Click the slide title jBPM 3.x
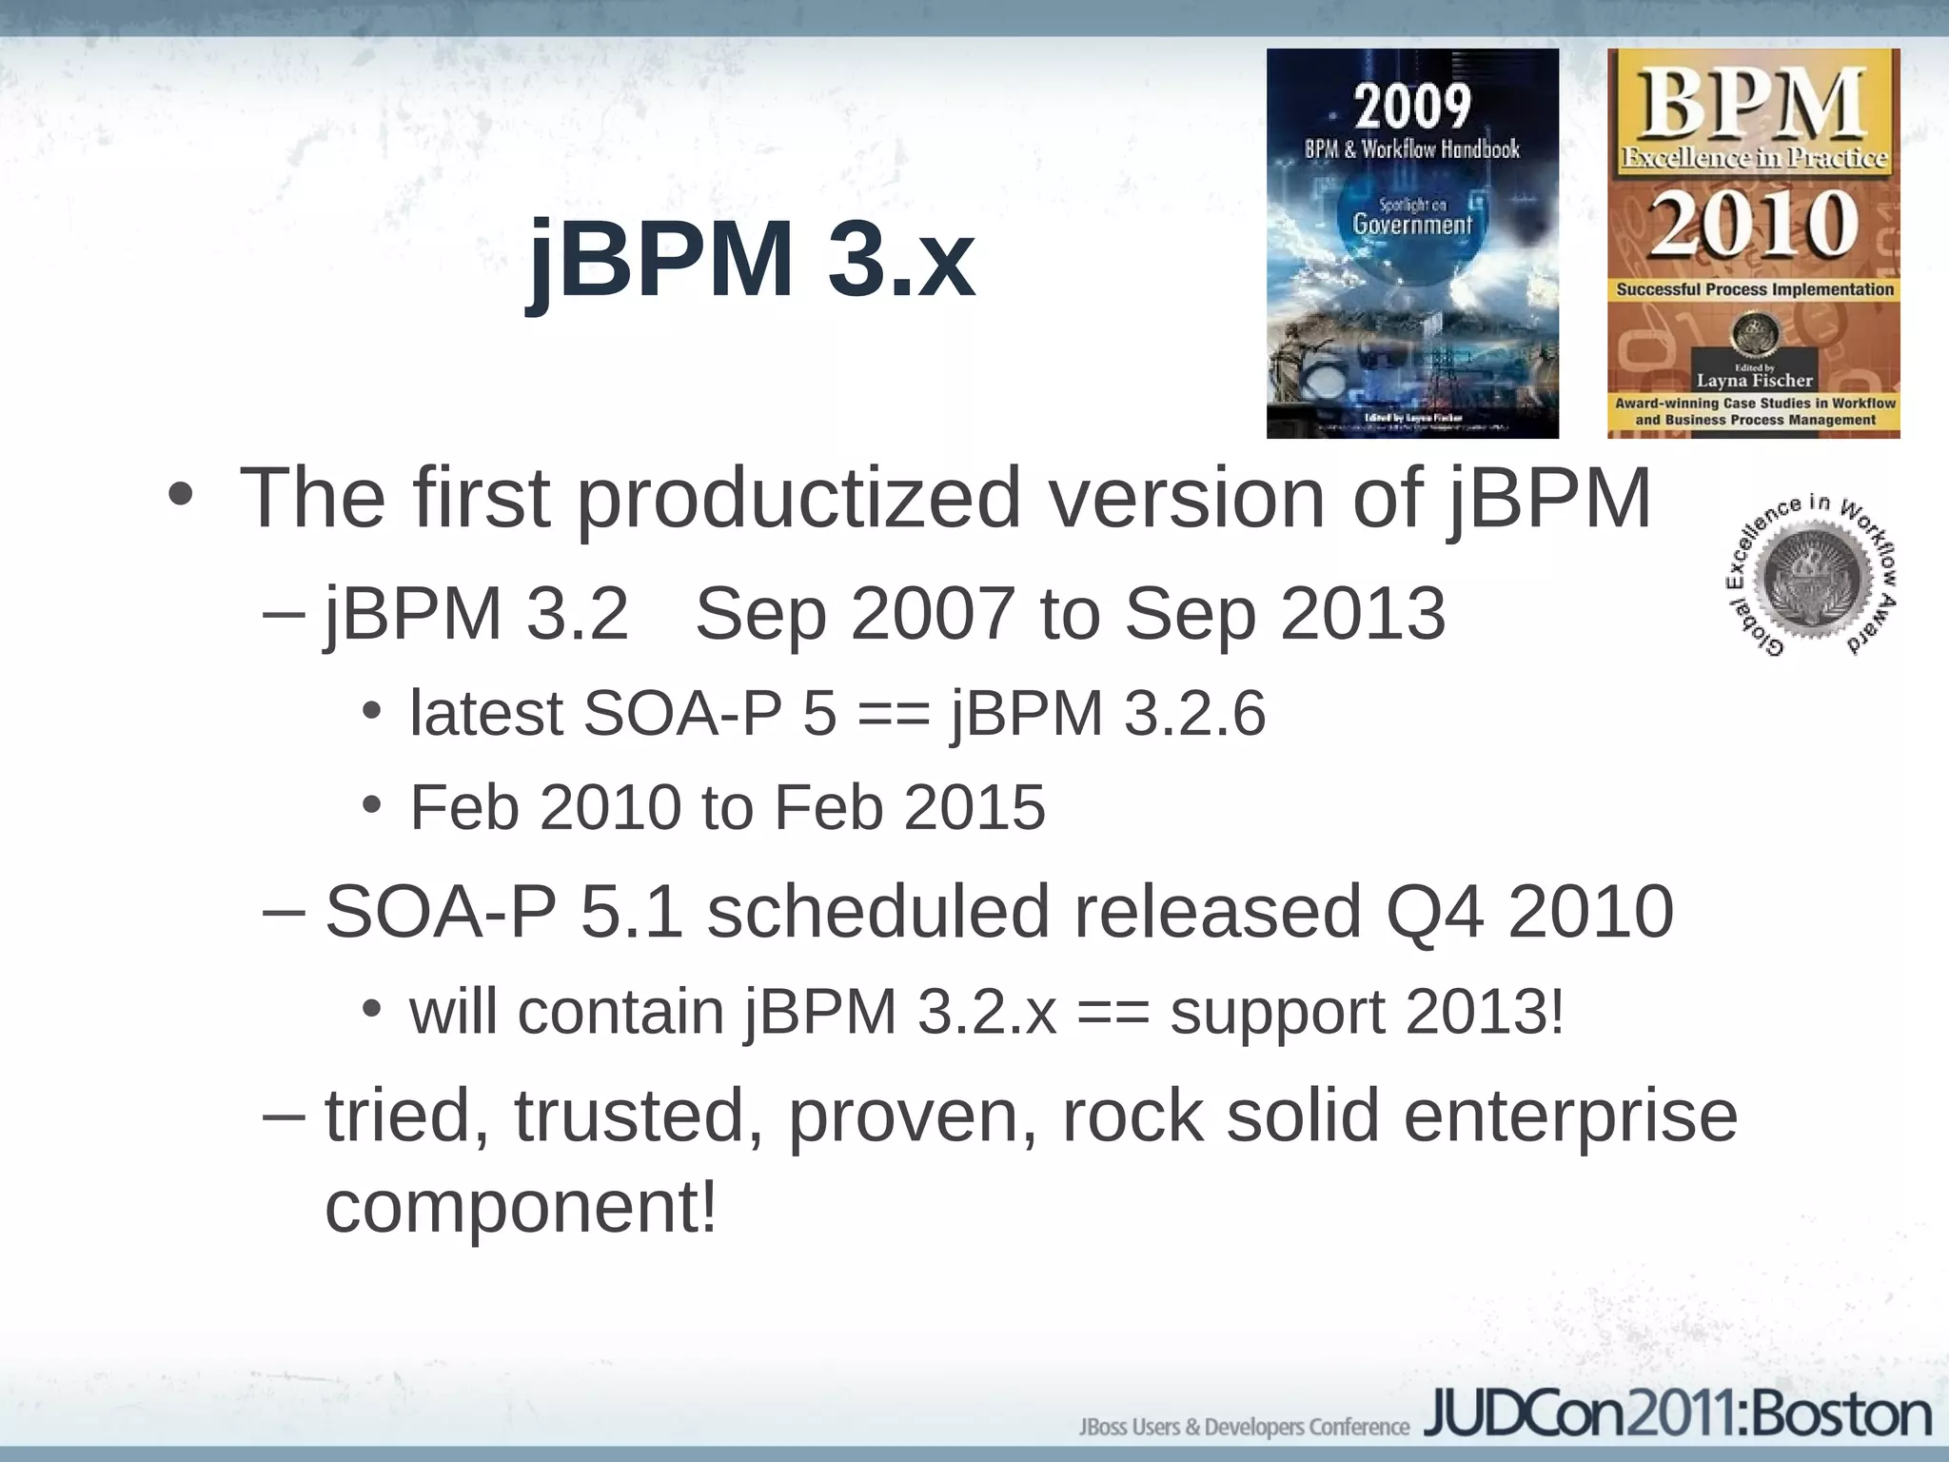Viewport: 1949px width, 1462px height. (752, 259)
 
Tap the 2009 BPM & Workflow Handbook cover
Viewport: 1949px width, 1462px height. (1412, 244)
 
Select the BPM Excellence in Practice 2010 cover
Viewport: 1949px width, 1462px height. (1753, 244)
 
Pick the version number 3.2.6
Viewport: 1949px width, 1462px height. (1194, 713)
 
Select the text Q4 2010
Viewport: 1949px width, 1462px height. (1529, 912)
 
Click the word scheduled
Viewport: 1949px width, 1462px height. (877, 912)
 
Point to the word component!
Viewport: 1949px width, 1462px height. (521, 1207)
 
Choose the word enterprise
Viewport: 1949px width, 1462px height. (1570, 1116)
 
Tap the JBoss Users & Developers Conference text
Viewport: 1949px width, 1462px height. (1243, 1426)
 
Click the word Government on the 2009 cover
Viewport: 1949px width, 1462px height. (1412, 225)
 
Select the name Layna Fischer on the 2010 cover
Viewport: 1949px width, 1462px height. (1755, 381)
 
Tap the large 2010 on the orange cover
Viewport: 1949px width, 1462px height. (1753, 225)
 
